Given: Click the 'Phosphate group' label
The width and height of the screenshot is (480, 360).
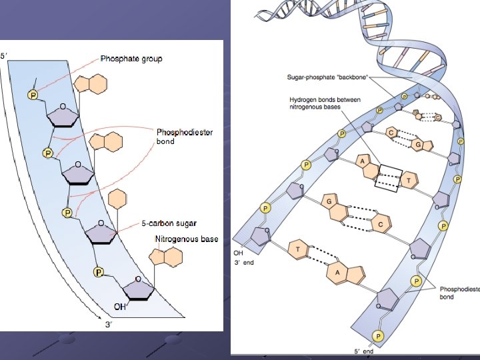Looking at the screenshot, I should tap(131, 59).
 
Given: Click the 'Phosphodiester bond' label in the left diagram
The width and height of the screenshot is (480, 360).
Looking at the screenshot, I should tap(184, 136).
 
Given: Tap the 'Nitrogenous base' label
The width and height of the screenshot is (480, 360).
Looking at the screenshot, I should tap(186, 239).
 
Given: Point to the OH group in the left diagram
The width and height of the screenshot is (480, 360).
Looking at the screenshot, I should tap(119, 307).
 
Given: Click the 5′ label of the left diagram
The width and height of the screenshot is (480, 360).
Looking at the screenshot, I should tap(4, 56).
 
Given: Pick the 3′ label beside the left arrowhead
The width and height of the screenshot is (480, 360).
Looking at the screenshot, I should tap(109, 325).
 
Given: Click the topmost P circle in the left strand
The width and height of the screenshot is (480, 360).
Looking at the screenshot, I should tap(33, 96).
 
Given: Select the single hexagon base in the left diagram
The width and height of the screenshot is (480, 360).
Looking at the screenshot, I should tap(117, 199).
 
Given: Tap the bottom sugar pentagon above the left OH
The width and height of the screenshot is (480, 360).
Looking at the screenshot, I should tap(137, 289).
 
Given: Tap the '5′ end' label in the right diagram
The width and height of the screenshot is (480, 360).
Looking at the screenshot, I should tap(366, 350).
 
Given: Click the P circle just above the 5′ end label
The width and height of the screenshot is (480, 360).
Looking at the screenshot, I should tap(378, 335).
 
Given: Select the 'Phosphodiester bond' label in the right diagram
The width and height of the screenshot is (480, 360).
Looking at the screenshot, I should tap(459, 293).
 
